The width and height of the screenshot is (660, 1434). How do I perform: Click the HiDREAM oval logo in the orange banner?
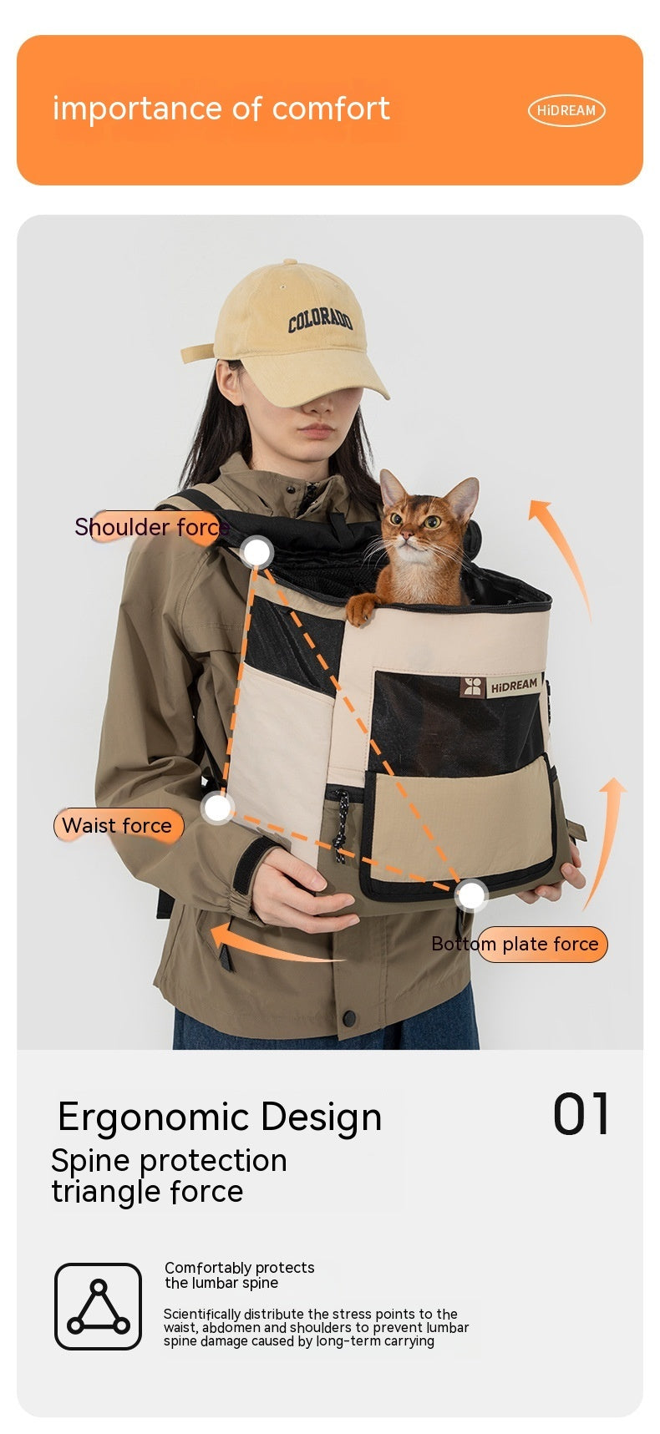pyautogui.click(x=566, y=110)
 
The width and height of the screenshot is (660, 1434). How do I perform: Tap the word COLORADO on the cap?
pyautogui.click(x=321, y=319)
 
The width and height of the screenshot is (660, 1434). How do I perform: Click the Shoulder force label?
pyautogui.click(x=151, y=527)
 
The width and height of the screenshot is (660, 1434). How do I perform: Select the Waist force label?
pyautogui.click(x=117, y=825)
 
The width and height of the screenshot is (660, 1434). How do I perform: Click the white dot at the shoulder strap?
pyautogui.click(x=256, y=552)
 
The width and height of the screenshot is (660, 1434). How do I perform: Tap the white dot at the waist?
pyautogui.click(x=218, y=808)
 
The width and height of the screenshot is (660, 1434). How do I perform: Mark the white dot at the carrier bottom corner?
pyautogui.click(x=472, y=895)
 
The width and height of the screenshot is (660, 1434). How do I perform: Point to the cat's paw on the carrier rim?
pyautogui.click(x=360, y=610)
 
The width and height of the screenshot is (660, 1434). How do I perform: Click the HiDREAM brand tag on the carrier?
pyautogui.click(x=501, y=686)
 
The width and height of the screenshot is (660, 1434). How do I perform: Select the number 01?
pyautogui.click(x=581, y=1114)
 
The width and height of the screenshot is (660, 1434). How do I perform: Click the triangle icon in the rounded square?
pyautogui.click(x=98, y=1306)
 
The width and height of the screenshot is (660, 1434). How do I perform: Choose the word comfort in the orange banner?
pyautogui.click(x=331, y=109)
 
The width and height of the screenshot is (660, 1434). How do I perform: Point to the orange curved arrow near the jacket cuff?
pyautogui.click(x=267, y=944)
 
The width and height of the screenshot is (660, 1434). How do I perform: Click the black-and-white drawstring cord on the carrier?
pyautogui.click(x=340, y=831)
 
